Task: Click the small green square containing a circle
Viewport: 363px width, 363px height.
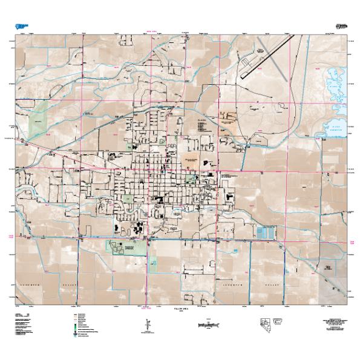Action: click(x=154, y=263)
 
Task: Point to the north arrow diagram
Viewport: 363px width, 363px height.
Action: click(x=146, y=325)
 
